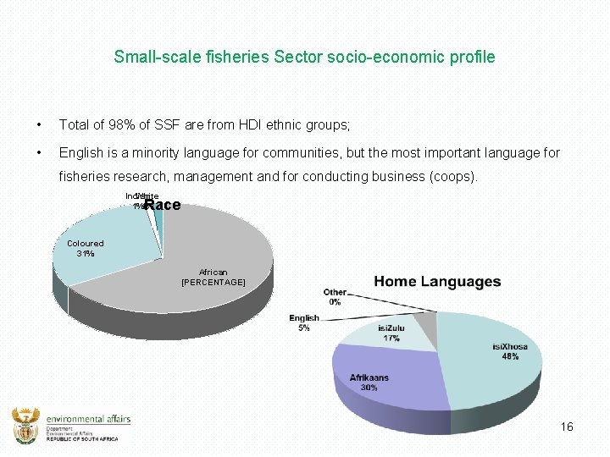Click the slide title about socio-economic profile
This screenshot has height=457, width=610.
pyautogui.click(x=304, y=58)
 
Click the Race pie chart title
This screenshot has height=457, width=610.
pyautogui.click(x=162, y=205)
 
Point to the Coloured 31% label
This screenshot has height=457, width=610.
pyautogui.click(x=86, y=248)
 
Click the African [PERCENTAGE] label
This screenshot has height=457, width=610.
pyautogui.click(x=213, y=277)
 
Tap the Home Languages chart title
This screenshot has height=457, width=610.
pyautogui.click(x=437, y=282)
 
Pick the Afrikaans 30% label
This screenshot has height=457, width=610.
pyautogui.click(x=369, y=382)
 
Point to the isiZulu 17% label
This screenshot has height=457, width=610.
pyautogui.click(x=391, y=332)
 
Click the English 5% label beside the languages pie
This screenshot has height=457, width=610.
pyautogui.click(x=304, y=322)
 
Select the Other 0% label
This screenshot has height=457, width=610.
pyautogui.click(x=335, y=296)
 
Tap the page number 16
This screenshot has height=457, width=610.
pyautogui.click(x=567, y=427)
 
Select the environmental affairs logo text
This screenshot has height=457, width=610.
pyautogui.click(x=88, y=419)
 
